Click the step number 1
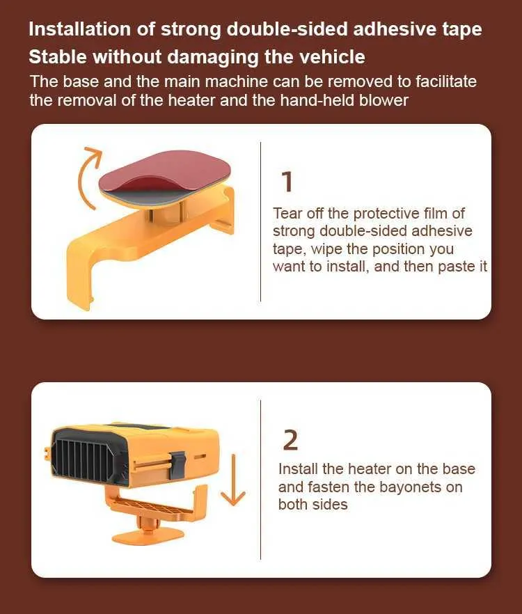(x=287, y=182)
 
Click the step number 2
(x=290, y=440)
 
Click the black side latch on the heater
(x=177, y=465)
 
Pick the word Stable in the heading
(x=58, y=57)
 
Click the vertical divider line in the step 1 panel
(x=260, y=221)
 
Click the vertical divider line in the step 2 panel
(x=260, y=480)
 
